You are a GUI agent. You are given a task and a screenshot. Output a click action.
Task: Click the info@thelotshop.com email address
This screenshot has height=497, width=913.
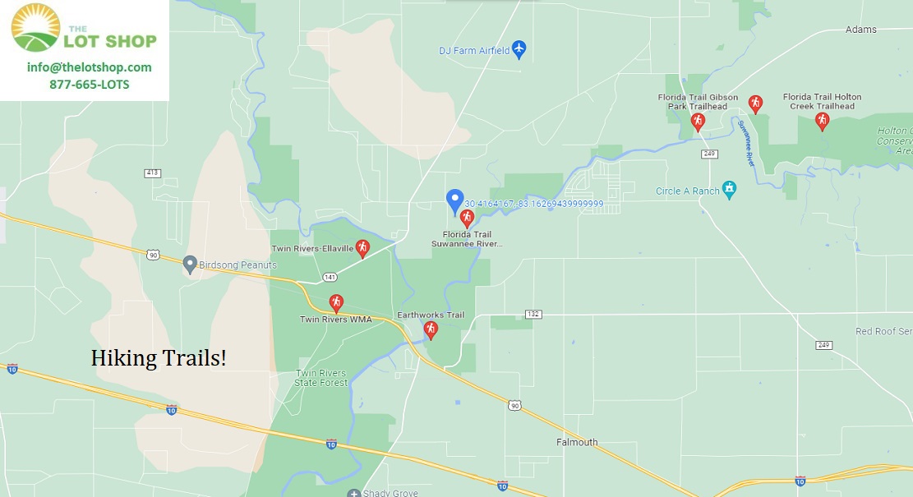89,67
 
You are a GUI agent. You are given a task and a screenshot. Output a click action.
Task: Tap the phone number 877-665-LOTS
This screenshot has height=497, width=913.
89,85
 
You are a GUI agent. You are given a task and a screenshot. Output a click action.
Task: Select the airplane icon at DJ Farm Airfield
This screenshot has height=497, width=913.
519,50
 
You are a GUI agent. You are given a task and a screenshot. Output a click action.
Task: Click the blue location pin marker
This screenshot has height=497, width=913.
454,200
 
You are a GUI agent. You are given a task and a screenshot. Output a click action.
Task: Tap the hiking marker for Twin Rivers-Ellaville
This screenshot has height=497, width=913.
362,248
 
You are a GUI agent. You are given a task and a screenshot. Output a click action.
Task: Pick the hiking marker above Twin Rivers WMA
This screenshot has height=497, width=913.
335,302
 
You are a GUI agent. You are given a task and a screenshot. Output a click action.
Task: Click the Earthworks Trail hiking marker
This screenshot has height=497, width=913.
430,329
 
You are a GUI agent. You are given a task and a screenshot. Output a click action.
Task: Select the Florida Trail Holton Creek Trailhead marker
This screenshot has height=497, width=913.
821,121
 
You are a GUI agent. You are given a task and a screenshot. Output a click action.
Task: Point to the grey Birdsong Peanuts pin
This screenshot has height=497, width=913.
190,265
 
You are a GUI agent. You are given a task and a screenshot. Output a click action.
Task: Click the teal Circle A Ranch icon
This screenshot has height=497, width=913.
728,191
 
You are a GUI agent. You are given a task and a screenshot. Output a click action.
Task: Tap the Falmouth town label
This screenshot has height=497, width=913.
577,442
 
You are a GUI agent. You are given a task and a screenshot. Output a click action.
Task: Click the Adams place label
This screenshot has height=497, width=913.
860,30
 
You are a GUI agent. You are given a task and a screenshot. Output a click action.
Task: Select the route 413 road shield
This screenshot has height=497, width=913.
152,173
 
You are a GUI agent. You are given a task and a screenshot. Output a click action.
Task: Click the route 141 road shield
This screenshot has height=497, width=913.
330,277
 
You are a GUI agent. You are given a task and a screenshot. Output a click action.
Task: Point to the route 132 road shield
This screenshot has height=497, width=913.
533,315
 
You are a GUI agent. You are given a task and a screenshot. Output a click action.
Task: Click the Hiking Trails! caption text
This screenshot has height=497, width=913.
159,358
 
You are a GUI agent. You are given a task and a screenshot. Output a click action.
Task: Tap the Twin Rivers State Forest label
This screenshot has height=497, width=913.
321,378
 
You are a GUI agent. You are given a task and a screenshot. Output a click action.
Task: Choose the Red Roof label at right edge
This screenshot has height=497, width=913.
883,331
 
